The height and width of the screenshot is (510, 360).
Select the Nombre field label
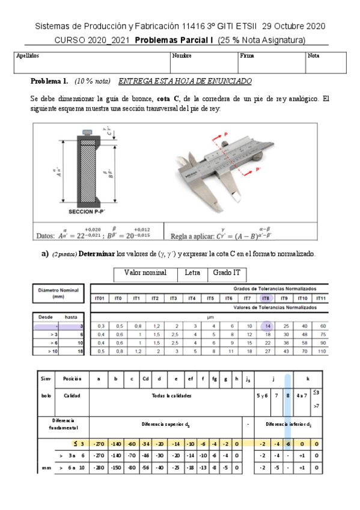point(182,55)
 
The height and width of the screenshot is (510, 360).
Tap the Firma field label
point(246,55)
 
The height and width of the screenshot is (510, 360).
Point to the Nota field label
point(313,55)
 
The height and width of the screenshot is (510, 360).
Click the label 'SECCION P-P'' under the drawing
point(88,212)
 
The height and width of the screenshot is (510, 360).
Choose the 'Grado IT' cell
point(226,272)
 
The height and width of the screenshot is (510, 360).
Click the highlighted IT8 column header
point(265,298)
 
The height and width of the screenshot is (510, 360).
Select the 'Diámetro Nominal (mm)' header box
point(58,292)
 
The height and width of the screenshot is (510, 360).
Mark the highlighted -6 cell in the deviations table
point(288,444)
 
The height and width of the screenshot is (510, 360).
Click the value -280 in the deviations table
point(98,467)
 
